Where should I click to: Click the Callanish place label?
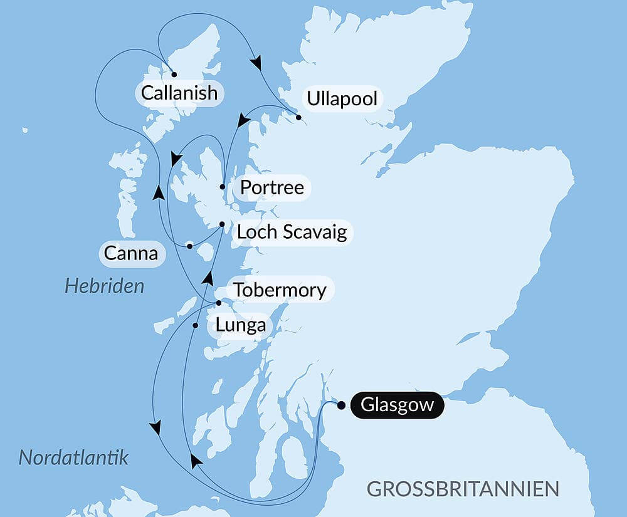pyautogui.click(x=179, y=93)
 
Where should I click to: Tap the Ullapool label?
pyautogui.click(x=342, y=98)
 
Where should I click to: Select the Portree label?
pyautogui.click(x=271, y=187)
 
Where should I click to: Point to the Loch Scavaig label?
pyautogui.click(x=292, y=232)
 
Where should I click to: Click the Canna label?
pyautogui.click(x=130, y=254)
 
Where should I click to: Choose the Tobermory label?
pyautogui.click(x=280, y=290)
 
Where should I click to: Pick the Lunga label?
pyautogui.click(x=240, y=326)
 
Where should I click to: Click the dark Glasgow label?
pyautogui.click(x=397, y=405)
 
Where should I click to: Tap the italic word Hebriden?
pyautogui.click(x=104, y=286)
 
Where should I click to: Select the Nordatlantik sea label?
pyautogui.click(x=73, y=457)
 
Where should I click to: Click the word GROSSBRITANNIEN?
pyautogui.click(x=463, y=489)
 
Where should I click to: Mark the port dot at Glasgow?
pyautogui.click(x=341, y=405)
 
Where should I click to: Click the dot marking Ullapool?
pyautogui.click(x=298, y=117)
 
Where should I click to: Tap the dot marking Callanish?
pyautogui.click(x=174, y=74)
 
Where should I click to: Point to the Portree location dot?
pyautogui.click(x=223, y=187)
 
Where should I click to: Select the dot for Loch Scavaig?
pyautogui.click(x=222, y=224)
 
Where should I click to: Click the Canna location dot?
pyautogui.click(x=189, y=246)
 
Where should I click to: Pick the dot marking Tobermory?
pyautogui.click(x=218, y=303)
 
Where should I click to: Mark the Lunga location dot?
pyautogui.click(x=196, y=325)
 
